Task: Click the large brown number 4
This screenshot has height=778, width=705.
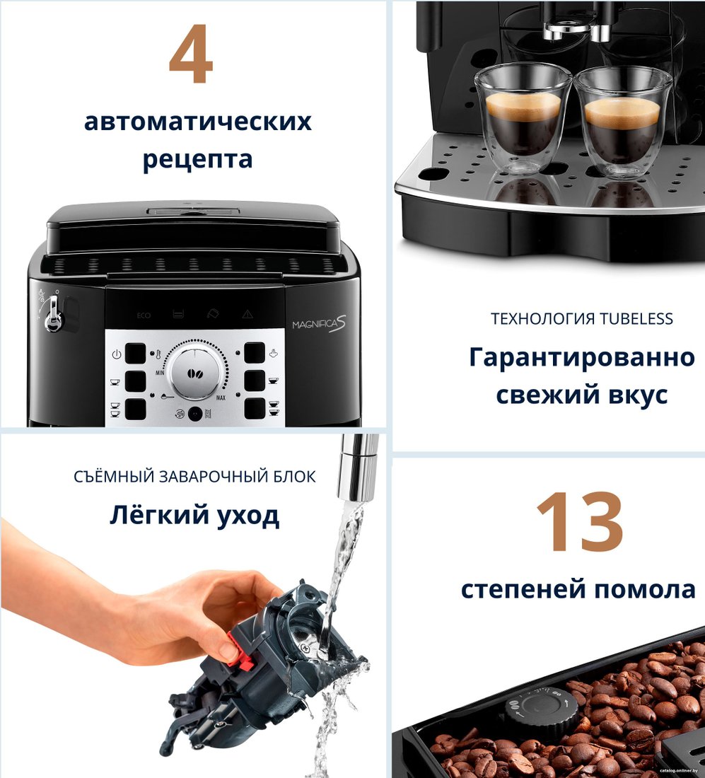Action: (x=191, y=54)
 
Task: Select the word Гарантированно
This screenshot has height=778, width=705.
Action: (x=582, y=358)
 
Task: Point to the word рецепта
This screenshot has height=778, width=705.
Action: (x=197, y=160)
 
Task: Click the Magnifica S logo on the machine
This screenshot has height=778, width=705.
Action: (x=319, y=324)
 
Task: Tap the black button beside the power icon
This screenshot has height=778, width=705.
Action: (x=136, y=354)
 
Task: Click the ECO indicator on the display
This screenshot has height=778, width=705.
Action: (x=144, y=315)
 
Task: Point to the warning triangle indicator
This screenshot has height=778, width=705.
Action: (x=247, y=314)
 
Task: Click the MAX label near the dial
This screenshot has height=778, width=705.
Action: (x=221, y=398)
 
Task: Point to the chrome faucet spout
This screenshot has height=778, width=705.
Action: (x=359, y=466)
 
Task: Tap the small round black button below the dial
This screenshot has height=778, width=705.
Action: (x=195, y=414)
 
